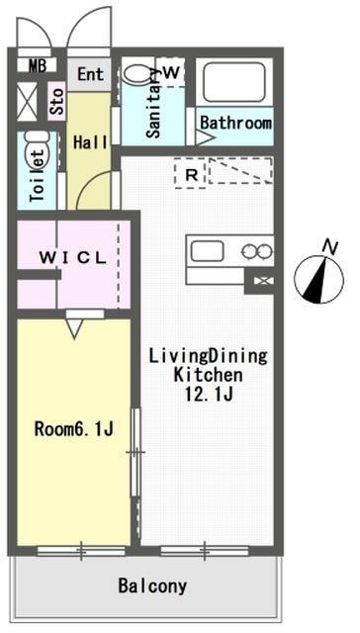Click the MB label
pos(38,65)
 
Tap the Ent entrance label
pos(90,74)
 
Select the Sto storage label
pos(57,101)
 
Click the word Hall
pos(90,142)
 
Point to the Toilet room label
pos(38,176)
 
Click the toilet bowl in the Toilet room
pos(38,150)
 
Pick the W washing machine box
pos(171,72)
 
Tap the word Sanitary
pos(154,103)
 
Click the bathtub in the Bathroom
pos(234,81)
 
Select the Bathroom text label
pos(235,123)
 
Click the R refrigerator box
pos(191,174)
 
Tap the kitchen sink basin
pos(207,250)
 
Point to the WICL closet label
pos(72,258)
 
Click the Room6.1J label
pos(73,429)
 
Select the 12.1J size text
pos(209,394)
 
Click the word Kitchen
pos(209,375)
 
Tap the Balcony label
pos(152,586)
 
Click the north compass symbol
pos(319,279)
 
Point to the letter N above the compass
pos(331,246)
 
